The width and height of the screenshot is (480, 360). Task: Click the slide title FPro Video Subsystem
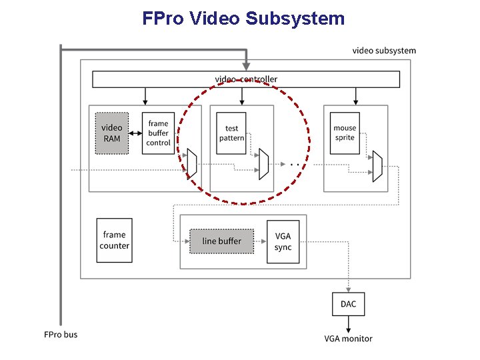click(x=243, y=18)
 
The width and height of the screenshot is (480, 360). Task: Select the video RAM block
click(x=111, y=133)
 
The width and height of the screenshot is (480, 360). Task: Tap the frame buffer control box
click(x=158, y=133)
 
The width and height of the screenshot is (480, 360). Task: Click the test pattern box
click(x=231, y=133)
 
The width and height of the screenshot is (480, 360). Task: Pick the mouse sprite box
click(x=345, y=133)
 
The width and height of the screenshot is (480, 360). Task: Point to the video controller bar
click(x=246, y=79)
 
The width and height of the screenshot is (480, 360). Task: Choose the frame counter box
click(x=114, y=240)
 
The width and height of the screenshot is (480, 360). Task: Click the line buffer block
click(x=221, y=241)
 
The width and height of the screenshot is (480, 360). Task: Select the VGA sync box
click(x=283, y=241)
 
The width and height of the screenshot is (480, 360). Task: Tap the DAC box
click(x=348, y=304)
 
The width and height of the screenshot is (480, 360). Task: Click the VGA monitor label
click(x=348, y=339)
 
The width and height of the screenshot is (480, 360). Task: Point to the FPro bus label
click(x=61, y=334)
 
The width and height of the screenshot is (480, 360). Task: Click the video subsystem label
click(x=383, y=51)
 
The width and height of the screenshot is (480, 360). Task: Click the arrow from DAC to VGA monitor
click(x=348, y=323)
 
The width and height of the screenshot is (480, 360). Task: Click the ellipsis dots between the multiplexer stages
click(x=293, y=163)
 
